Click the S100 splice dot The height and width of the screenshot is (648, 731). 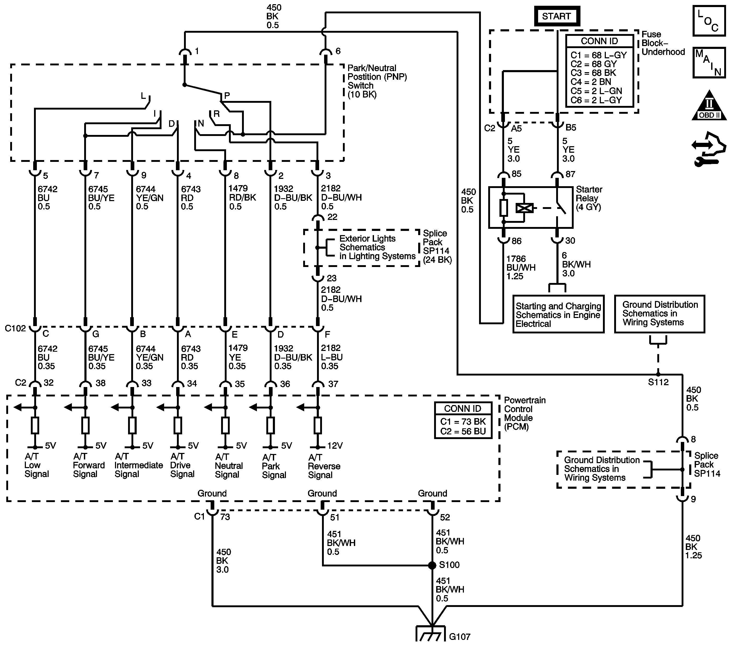pos(432,565)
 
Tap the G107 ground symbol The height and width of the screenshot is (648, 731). pos(431,634)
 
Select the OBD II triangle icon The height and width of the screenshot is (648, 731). pos(709,106)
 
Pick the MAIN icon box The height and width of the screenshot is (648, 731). pos(709,62)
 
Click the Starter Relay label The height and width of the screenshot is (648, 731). pos(589,198)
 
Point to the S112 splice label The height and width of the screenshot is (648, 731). pos(658,382)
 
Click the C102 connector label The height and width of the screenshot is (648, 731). pos(15,328)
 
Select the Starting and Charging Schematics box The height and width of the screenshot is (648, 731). pos(558,315)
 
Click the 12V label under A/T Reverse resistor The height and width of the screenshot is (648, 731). pos(335,446)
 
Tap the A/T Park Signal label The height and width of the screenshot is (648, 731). pos(274,466)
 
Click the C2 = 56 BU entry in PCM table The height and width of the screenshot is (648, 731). pos(463,431)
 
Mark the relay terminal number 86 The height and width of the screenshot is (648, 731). pos(516,241)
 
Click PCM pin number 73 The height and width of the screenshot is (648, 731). pos(225,517)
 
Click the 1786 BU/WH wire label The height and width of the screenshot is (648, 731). pos(520,267)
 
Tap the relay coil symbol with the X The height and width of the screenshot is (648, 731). pos(524,208)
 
